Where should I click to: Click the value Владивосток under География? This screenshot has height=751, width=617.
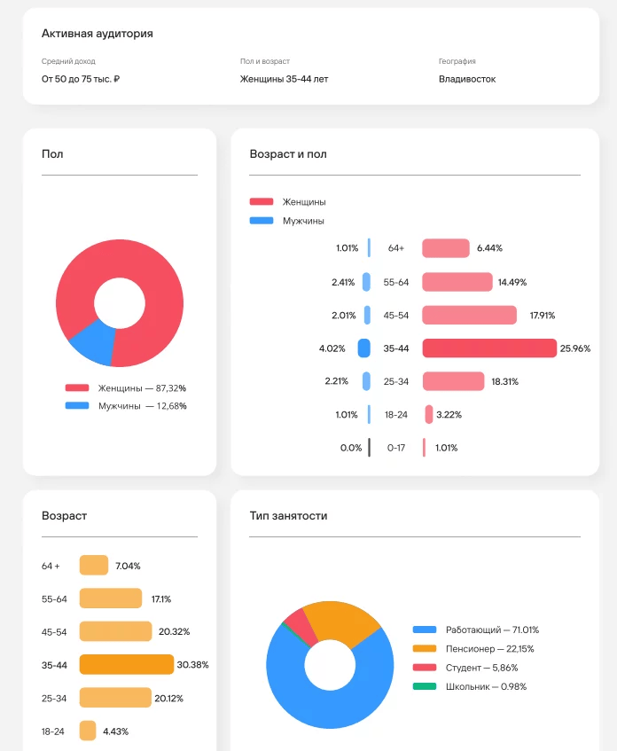[467, 79]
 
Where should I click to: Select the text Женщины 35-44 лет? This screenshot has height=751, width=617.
[284, 79]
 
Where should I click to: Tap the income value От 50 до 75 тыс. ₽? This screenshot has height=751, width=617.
[81, 79]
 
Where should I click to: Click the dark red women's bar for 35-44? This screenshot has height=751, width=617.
[488, 348]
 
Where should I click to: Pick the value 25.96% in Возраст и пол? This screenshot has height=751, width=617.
[575, 348]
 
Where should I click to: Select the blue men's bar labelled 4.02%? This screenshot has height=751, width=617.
[363, 348]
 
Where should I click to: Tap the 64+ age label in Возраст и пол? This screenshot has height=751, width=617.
[396, 248]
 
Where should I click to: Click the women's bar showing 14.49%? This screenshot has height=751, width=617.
[457, 282]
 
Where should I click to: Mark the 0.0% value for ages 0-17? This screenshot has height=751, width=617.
[350, 448]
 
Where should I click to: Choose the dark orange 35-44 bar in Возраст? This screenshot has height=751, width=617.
[126, 664]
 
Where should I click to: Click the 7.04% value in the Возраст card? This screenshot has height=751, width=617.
[128, 566]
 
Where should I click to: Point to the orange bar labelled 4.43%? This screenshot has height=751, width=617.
[88, 731]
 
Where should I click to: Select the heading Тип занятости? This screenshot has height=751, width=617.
[288, 516]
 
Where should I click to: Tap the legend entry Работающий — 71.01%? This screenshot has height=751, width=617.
[492, 630]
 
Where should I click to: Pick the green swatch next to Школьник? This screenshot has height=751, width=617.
[425, 686]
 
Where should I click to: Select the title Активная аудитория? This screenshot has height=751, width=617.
[98, 34]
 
